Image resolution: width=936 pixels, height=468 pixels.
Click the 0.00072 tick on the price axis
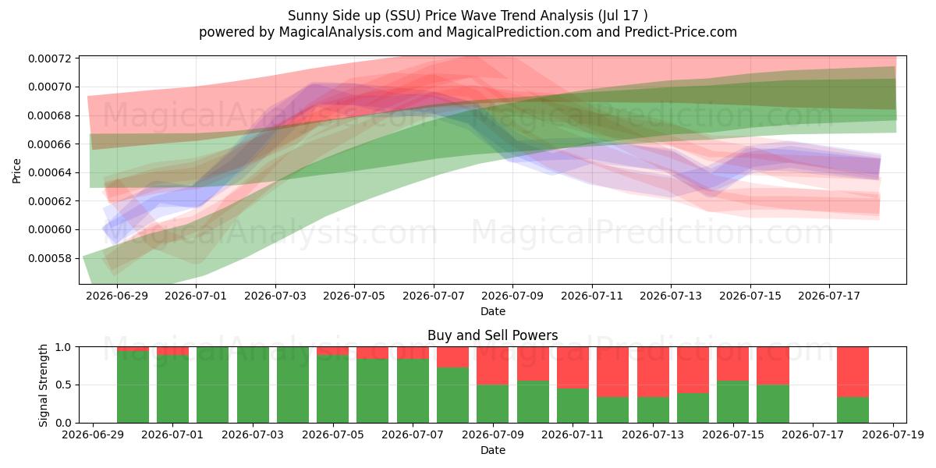tap(50, 58)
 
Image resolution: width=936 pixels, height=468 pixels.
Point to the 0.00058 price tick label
tap(50, 258)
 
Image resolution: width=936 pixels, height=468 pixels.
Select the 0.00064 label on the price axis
tap(50, 172)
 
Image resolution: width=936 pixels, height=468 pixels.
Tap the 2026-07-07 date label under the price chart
tap(434, 296)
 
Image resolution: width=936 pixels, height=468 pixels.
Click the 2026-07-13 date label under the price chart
tap(671, 296)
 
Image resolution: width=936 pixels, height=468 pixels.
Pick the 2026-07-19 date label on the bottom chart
tap(893, 434)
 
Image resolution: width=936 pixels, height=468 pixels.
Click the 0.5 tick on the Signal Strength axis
tap(64, 385)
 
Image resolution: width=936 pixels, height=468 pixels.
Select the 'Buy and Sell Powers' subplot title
tap(493, 335)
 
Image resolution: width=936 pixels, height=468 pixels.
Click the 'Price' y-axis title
tap(16, 171)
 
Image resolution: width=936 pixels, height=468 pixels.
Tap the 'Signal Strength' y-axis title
tap(43, 385)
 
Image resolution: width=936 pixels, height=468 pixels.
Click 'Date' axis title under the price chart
tap(493, 311)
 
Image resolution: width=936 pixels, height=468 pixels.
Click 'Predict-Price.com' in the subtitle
tap(681, 32)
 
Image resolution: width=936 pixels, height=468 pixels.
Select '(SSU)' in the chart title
tap(402, 16)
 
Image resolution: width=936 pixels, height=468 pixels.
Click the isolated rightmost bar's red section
tap(853, 372)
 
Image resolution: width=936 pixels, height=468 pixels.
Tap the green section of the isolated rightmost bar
tap(853, 410)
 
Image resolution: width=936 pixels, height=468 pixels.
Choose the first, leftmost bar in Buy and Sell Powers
tap(133, 385)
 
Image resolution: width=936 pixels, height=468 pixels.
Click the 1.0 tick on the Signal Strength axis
tap(64, 347)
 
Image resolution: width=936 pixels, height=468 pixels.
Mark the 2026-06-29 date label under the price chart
tap(117, 296)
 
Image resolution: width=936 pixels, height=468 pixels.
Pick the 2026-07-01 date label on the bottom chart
tap(172, 434)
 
